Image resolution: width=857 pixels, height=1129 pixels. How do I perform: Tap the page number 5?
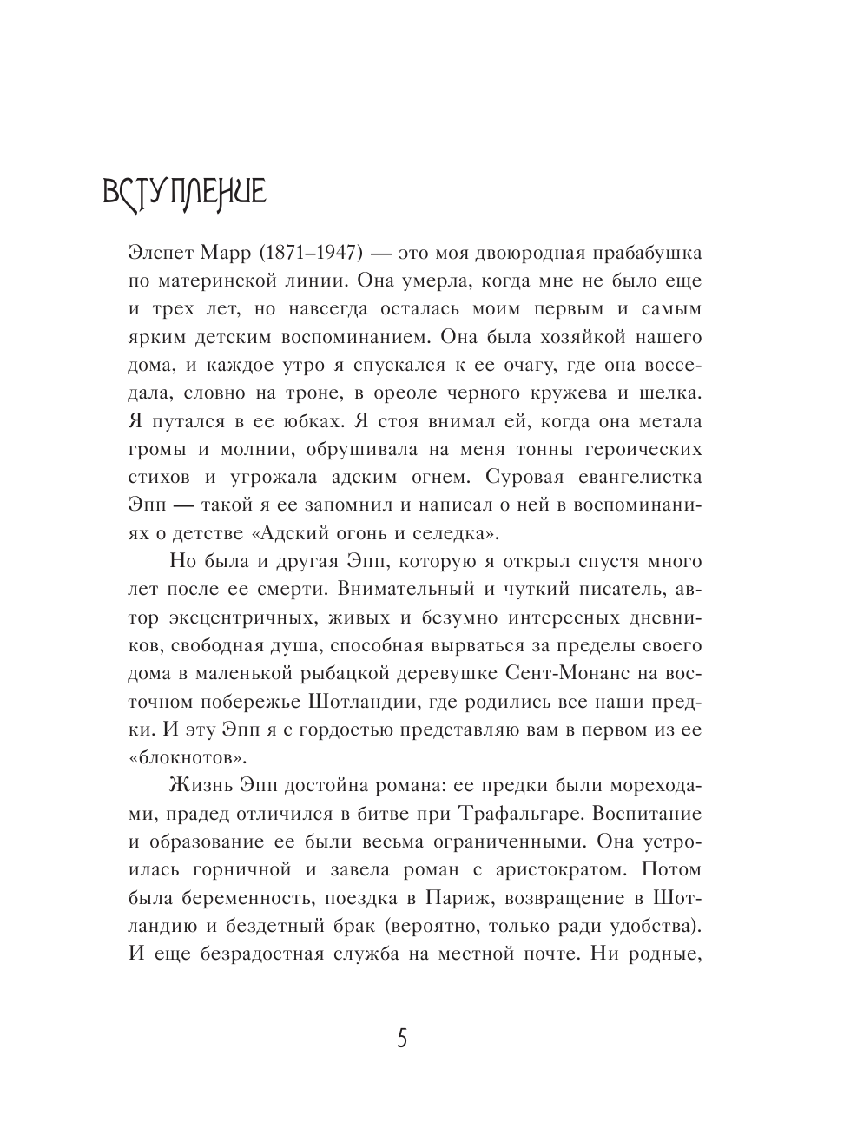[401, 1039]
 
